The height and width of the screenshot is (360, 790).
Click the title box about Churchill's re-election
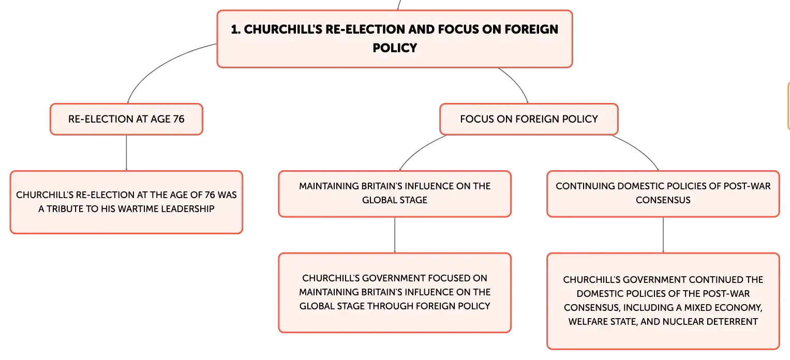[x=395, y=39]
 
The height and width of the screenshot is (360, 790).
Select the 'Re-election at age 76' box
[x=126, y=119]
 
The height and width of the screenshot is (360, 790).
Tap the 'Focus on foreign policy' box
[x=529, y=119]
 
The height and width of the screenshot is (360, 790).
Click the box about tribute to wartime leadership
[x=126, y=202]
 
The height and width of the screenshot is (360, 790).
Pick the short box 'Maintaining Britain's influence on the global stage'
[x=395, y=193]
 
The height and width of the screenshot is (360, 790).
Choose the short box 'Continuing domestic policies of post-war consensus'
[x=663, y=193]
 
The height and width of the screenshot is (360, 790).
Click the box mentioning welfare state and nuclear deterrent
[x=663, y=301]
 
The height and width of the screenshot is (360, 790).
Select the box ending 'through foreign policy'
[x=395, y=293]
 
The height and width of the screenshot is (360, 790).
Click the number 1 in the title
[x=235, y=29]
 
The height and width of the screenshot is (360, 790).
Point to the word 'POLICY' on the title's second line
[x=395, y=48]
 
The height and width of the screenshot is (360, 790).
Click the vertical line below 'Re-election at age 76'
[x=126, y=153]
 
